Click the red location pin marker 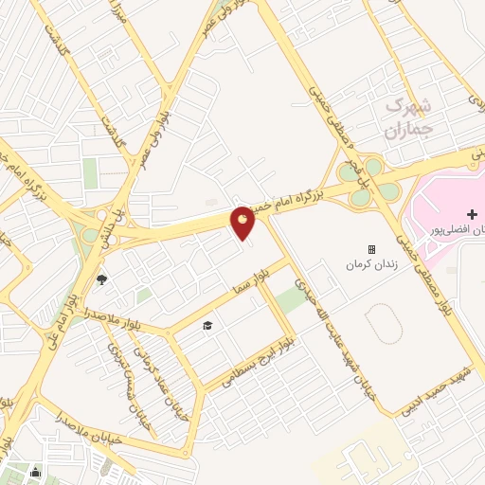[x=243, y=223]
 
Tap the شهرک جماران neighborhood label [x=409, y=118]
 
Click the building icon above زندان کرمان [x=371, y=250]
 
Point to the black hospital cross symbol [x=473, y=214]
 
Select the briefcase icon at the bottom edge [x=35, y=472]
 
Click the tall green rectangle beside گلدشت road [x=90, y=172]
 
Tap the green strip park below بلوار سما [x=293, y=302]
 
